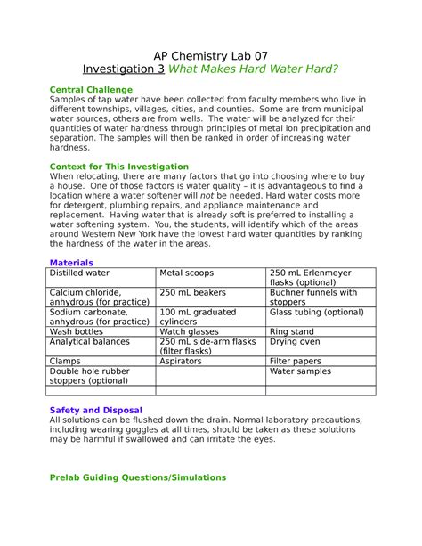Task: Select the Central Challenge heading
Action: tap(91, 90)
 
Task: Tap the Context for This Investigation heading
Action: tap(118, 167)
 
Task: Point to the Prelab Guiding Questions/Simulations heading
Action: tap(138, 477)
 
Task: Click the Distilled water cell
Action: tap(80, 273)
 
